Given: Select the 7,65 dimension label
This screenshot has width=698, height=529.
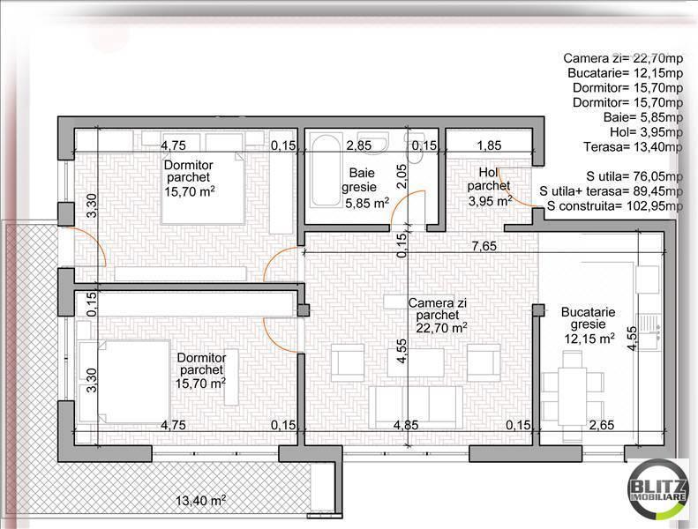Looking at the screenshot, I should [x=482, y=246].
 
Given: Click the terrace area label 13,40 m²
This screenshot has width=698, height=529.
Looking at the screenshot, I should [x=200, y=501].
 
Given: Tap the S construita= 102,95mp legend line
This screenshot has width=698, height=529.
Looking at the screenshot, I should [x=614, y=206].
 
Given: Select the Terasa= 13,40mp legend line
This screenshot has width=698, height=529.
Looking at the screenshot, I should [x=633, y=147].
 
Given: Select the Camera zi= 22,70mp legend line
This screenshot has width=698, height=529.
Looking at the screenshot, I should [x=623, y=58].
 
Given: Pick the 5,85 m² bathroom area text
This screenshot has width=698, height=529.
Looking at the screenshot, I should [x=365, y=202].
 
